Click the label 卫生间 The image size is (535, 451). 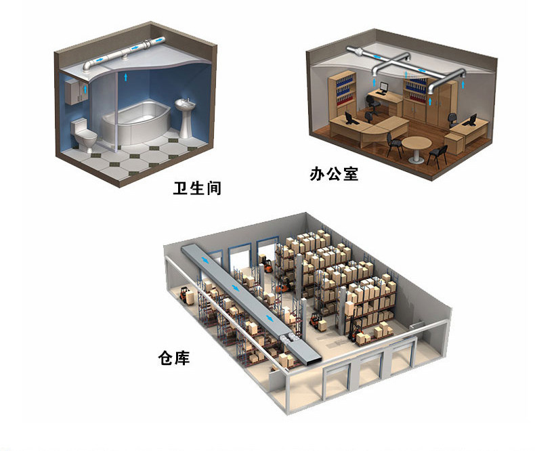pyautogui.click(x=197, y=187)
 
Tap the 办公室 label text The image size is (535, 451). pyautogui.click(x=334, y=175)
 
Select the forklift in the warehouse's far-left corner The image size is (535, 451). pyautogui.click(x=184, y=294)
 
